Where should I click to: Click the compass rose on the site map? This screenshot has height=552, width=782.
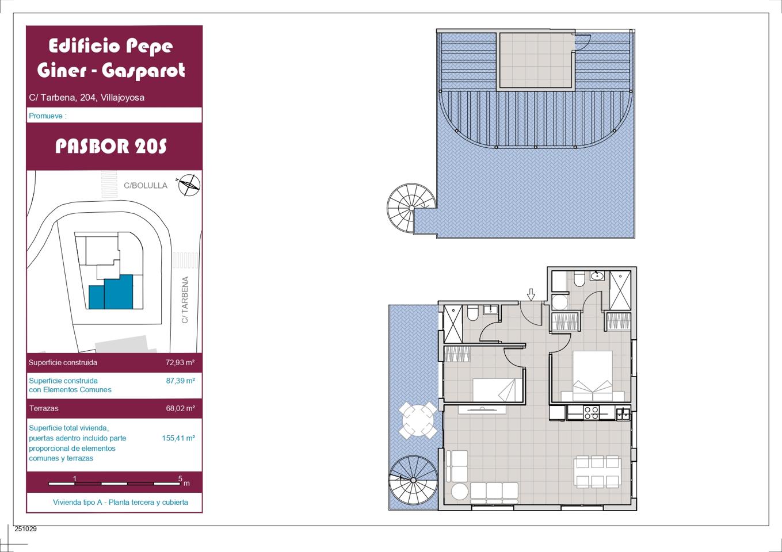coord(189,185)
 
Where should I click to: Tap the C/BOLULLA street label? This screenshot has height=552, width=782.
coord(146,185)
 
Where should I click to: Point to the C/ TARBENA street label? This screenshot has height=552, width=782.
coord(185,300)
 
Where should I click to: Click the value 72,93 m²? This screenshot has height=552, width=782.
coord(180,362)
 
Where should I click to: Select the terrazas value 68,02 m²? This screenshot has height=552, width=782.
coord(181,408)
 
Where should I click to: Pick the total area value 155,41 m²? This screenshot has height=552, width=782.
coord(178,438)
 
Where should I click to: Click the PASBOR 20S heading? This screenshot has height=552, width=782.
coord(111,146)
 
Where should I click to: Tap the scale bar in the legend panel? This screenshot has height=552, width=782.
coord(114,484)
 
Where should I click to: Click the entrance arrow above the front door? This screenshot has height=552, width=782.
coord(531,295)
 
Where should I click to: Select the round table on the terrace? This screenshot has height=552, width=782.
coord(418,420)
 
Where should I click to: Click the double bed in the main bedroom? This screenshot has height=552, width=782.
coord(593,376)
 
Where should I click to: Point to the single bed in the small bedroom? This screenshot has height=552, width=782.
coord(494,390)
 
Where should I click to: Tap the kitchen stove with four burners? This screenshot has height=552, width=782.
coord(592,413)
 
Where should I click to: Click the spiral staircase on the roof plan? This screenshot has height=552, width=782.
coord(411,208)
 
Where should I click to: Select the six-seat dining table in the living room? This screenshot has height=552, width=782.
coord(597,471)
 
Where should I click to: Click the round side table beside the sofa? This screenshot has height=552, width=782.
coord(459,492)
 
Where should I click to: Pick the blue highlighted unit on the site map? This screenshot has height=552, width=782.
coord(111,292)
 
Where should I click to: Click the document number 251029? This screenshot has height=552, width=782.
coord(25,528)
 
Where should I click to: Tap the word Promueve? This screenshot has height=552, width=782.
coord(45,116)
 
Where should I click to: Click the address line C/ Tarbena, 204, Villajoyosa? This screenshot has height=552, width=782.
coord(86,97)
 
